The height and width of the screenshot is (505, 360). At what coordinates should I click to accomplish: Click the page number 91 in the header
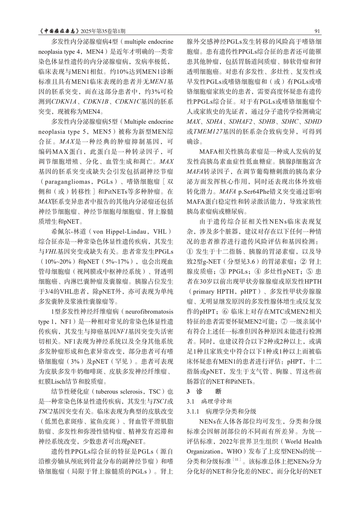pyautogui.click(x=317, y=32)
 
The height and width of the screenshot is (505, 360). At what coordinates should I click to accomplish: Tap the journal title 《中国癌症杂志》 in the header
pyautogui.click(x=58, y=32)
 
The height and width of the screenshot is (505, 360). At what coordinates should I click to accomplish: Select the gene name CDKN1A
pyautogui.click(x=63, y=102)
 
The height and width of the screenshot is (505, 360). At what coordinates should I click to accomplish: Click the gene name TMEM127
pyautogui.click(x=206, y=132)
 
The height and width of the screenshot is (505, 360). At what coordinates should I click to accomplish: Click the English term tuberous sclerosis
pyautogui.click(x=121, y=392)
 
